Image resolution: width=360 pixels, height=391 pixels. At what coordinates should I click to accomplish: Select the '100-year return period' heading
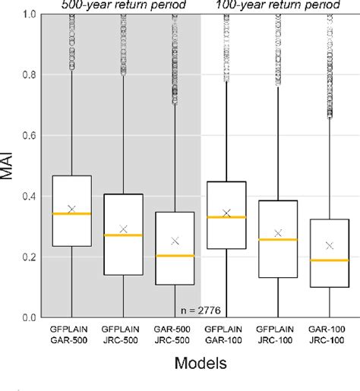coord(276,5)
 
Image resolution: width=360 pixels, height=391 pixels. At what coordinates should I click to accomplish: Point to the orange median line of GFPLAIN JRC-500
coord(123,235)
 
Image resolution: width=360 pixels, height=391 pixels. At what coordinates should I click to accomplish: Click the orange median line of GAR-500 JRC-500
coord(175,256)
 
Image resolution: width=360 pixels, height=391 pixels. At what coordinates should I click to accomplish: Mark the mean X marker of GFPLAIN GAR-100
coord(226,213)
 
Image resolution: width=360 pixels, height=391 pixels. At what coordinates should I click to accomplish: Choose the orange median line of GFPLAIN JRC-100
coord(277,240)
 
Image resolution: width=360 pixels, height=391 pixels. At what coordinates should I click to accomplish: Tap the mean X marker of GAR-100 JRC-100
coord(329,245)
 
